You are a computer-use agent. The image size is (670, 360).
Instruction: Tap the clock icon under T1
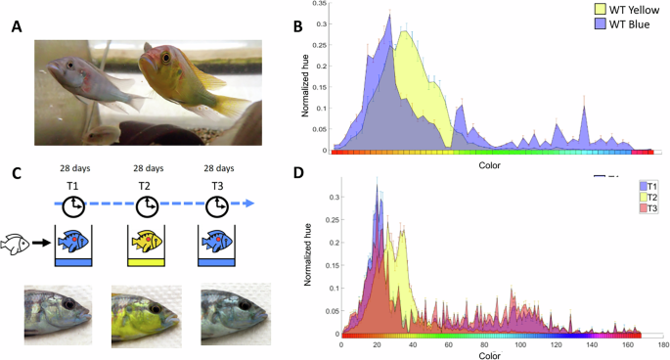pos(74,205)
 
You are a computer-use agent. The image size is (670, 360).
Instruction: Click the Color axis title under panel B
pos(490,166)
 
